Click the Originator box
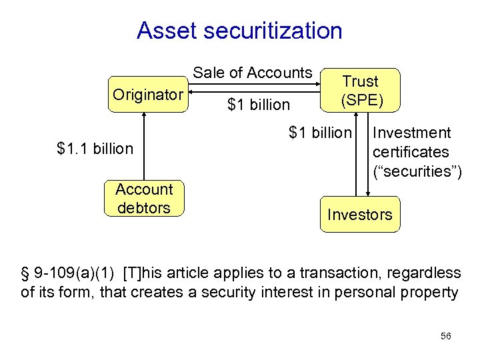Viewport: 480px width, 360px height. [147, 95]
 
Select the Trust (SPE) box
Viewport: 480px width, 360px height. [360, 91]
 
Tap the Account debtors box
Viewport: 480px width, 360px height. [143, 199]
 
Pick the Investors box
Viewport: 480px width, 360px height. [360, 215]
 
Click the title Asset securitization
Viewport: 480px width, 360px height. [239, 31]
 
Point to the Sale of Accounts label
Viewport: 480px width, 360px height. [253, 73]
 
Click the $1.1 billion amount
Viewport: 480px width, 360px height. [95, 148]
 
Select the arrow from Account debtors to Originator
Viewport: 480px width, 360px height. [143, 147]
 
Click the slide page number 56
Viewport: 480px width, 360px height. [446, 337]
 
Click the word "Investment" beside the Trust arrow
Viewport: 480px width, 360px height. [412, 133]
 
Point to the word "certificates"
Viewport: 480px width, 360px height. [411, 152]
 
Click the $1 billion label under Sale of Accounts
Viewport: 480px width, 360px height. [259, 105]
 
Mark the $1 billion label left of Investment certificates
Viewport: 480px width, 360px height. [319, 133]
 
